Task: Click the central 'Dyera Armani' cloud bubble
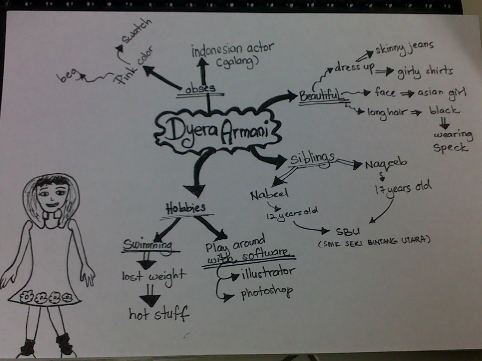pyautogui.click(x=216, y=130)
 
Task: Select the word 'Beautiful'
pyautogui.click(x=319, y=96)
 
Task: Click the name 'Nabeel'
pyautogui.click(x=269, y=194)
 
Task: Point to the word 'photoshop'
pyautogui.click(x=267, y=291)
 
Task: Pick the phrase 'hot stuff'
pyautogui.click(x=159, y=314)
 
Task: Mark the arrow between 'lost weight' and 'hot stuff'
pyautogui.click(x=150, y=296)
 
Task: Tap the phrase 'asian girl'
pyautogui.click(x=441, y=92)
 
